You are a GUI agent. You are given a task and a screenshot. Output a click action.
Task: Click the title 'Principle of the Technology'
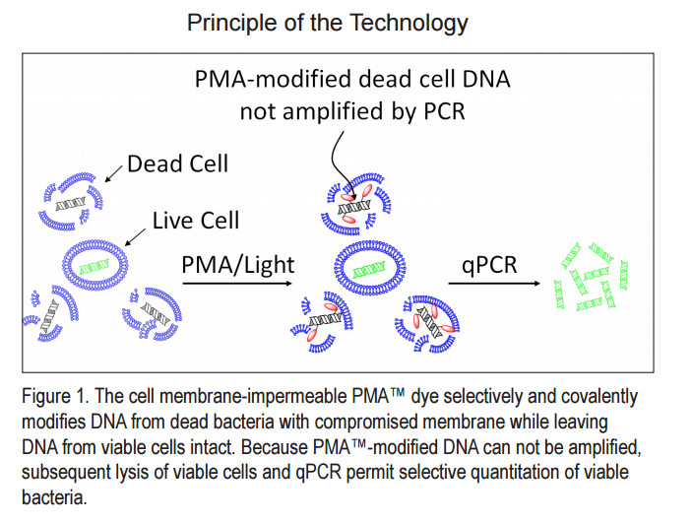pyautogui.click(x=328, y=22)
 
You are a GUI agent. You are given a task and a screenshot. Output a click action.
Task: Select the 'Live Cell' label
pyautogui.click(x=196, y=220)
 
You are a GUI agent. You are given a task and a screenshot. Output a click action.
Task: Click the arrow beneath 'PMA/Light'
pyautogui.click(x=236, y=284)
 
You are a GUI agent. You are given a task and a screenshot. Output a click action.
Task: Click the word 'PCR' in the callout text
pyautogui.click(x=440, y=111)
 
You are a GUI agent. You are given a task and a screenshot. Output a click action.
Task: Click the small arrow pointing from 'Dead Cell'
pyautogui.click(x=110, y=174)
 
